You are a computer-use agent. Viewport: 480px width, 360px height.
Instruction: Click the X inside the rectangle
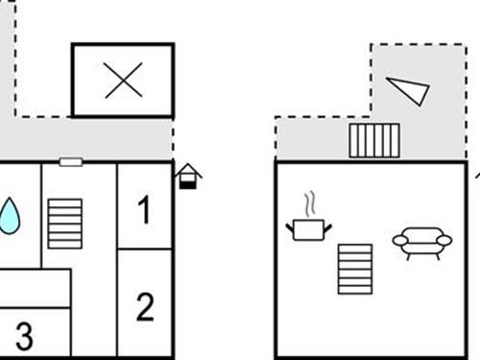(x=123, y=80)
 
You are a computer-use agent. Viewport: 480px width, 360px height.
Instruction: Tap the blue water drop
(x=10, y=216)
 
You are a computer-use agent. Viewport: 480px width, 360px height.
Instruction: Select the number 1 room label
(x=144, y=210)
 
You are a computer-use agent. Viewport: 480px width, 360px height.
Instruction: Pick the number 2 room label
(x=145, y=307)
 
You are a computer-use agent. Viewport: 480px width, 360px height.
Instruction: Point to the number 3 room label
(x=24, y=336)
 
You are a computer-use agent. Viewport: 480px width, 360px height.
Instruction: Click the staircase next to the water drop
(x=65, y=224)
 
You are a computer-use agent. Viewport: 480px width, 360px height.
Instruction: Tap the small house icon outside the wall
(x=188, y=176)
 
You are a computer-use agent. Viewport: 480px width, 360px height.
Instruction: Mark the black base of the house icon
(x=188, y=183)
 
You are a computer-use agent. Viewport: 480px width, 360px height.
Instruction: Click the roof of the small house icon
(x=188, y=170)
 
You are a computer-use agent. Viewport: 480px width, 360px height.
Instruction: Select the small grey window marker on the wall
(x=71, y=162)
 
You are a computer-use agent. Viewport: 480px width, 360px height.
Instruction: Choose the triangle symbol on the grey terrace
(x=408, y=89)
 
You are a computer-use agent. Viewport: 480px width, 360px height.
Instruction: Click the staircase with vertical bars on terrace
(x=373, y=140)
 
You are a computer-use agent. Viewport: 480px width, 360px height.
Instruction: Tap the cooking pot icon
(x=308, y=228)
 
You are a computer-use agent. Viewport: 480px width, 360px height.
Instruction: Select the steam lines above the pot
(x=308, y=204)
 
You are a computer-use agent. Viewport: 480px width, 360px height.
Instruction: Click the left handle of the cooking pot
(x=290, y=227)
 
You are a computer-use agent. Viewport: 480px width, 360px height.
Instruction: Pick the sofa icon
(x=421, y=242)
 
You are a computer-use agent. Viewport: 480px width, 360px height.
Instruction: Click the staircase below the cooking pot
(x=353, y=269)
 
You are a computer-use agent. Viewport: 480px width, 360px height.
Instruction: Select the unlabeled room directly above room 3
(x=35, y=288)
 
